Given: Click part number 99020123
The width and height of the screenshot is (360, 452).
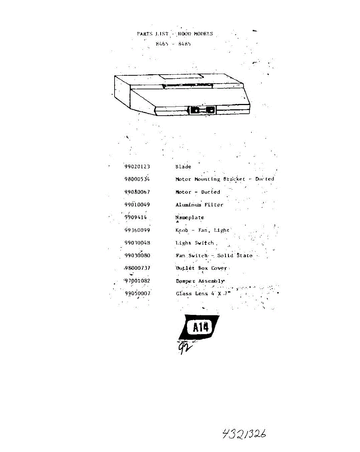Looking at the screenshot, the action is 137,166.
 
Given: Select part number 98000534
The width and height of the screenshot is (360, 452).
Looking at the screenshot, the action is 137,179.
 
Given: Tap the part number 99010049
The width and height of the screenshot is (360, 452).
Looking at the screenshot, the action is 137,205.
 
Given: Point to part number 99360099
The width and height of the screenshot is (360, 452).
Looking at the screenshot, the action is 137,230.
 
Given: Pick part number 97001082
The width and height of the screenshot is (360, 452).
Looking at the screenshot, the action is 137,281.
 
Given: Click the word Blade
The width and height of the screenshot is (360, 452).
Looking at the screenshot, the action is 183,166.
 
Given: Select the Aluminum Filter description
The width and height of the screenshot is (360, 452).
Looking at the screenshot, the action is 199,205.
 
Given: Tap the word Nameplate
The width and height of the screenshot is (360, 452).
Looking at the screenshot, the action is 190,217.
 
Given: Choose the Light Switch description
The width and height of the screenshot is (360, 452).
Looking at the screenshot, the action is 195,243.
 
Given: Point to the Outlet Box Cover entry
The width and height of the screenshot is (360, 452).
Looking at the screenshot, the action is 201,268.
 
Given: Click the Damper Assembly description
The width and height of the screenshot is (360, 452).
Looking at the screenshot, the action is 200,281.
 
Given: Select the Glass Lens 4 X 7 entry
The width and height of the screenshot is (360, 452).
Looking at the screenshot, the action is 203,293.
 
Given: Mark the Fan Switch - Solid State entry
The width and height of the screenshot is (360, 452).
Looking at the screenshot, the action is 214,255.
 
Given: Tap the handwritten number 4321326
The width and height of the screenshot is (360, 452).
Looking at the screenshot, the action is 244,434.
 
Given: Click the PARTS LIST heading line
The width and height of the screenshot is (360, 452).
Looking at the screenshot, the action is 175,34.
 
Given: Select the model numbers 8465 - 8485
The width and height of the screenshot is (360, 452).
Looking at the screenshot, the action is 173,44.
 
